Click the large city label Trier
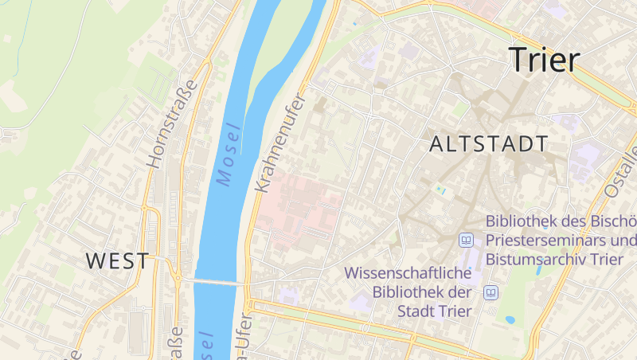click(x=545, y=60)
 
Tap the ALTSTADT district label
click(x=489, y=144)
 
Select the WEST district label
click(x=117, y=260)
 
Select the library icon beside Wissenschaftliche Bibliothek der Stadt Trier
click(x=491, y=292)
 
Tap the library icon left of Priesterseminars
click(x=466, y=240)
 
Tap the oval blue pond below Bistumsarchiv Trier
click(x=510, y=320)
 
